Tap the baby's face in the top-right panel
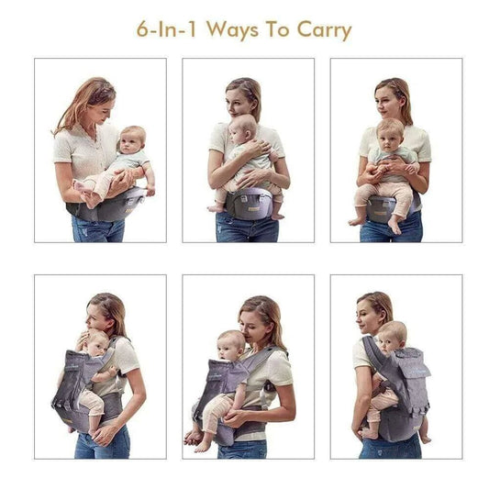click(390, 134)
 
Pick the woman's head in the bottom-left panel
click(107, 312)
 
